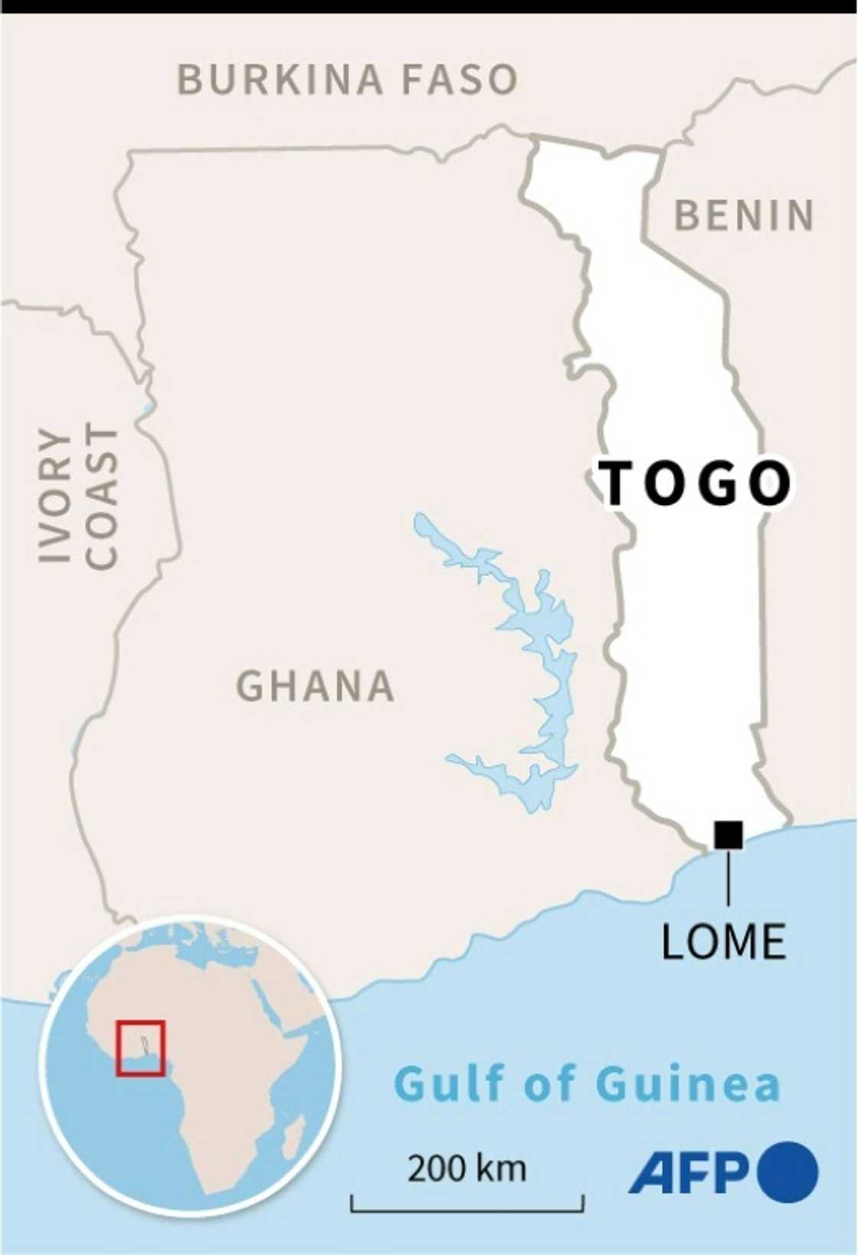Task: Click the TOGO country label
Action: pyautogui.click(x=696, y=484)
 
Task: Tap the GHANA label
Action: pyautogui.click(x=315, y=686)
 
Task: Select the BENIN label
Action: pyautogui.click(x=744, y=215)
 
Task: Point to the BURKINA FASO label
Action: pyautogui.click(x=347, y=80)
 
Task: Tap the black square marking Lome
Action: pyautogui.click(x=728, y=834)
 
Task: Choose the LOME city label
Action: pyautogui.click(x=723, y=941)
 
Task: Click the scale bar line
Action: pyautogui.click(x=467, y=1211)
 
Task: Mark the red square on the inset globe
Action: pyautogui.click(x=141, y=1047)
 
